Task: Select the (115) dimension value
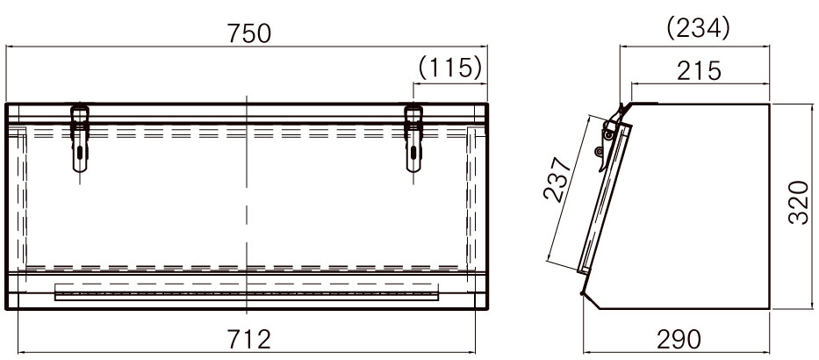point(449,68)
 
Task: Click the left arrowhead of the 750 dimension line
point(10,49)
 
